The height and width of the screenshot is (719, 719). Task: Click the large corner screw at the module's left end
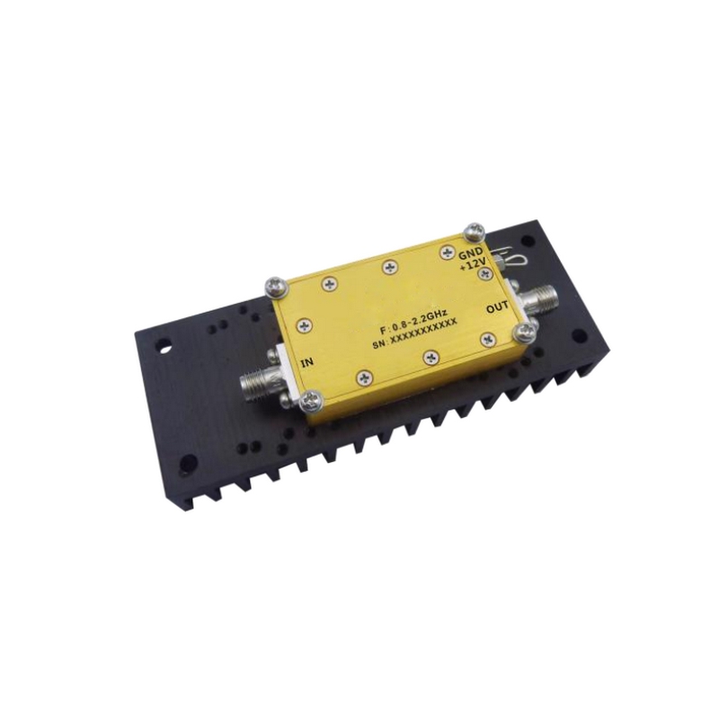[x=273, y=287]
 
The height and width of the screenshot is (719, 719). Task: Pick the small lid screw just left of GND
[x=445, y=254]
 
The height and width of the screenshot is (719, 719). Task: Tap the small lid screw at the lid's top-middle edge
[x=388, y=267]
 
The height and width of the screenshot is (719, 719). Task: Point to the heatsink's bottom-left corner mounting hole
[x=188, y=465]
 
